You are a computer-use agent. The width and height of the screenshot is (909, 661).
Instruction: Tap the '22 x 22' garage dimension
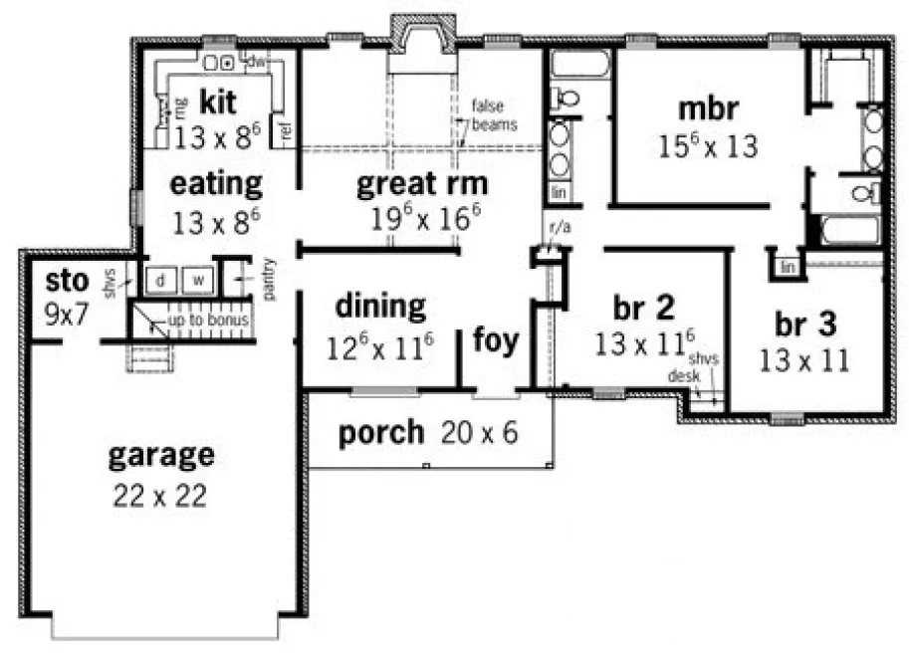160,495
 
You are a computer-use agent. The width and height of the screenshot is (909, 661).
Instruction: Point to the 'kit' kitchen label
216,101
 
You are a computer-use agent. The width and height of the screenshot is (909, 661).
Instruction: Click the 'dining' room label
380,305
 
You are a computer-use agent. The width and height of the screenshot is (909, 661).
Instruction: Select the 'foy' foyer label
495,341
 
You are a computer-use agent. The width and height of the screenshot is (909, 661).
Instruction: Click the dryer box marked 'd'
159,281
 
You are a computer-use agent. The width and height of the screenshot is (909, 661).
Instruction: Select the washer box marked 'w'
197,281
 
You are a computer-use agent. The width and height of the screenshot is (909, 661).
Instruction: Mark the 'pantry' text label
270,279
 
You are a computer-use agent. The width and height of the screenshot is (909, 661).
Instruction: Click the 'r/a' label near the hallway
560,228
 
